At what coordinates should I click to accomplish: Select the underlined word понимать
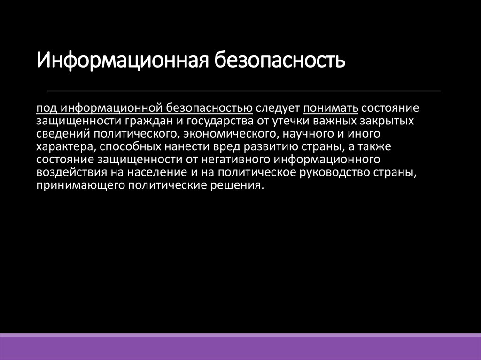click(331, 108)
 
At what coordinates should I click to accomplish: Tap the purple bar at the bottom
click(240, 347)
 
